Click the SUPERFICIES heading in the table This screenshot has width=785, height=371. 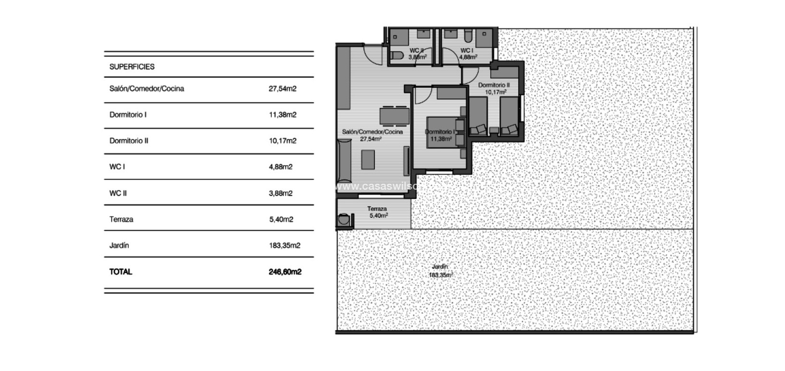[132, 67]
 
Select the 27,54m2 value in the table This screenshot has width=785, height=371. [282, 89]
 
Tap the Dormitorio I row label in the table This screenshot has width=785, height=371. [128, 115]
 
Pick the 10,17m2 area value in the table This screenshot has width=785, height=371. [282, 141]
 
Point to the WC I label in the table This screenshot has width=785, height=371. [117, 167]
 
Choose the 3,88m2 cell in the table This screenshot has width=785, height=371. [280, 193]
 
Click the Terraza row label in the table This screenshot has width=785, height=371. [121, 219]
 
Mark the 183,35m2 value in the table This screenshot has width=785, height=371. [284, 245]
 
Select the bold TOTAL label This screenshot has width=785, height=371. [120, 272]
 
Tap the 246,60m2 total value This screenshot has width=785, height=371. [285, 272]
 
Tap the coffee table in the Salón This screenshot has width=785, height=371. [368, 159]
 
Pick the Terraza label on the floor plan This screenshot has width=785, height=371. [377, 209]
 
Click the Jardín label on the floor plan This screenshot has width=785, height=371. [439, 266]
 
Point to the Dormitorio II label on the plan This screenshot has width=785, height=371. [494, 85]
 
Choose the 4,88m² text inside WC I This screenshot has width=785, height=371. [468, 57]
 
